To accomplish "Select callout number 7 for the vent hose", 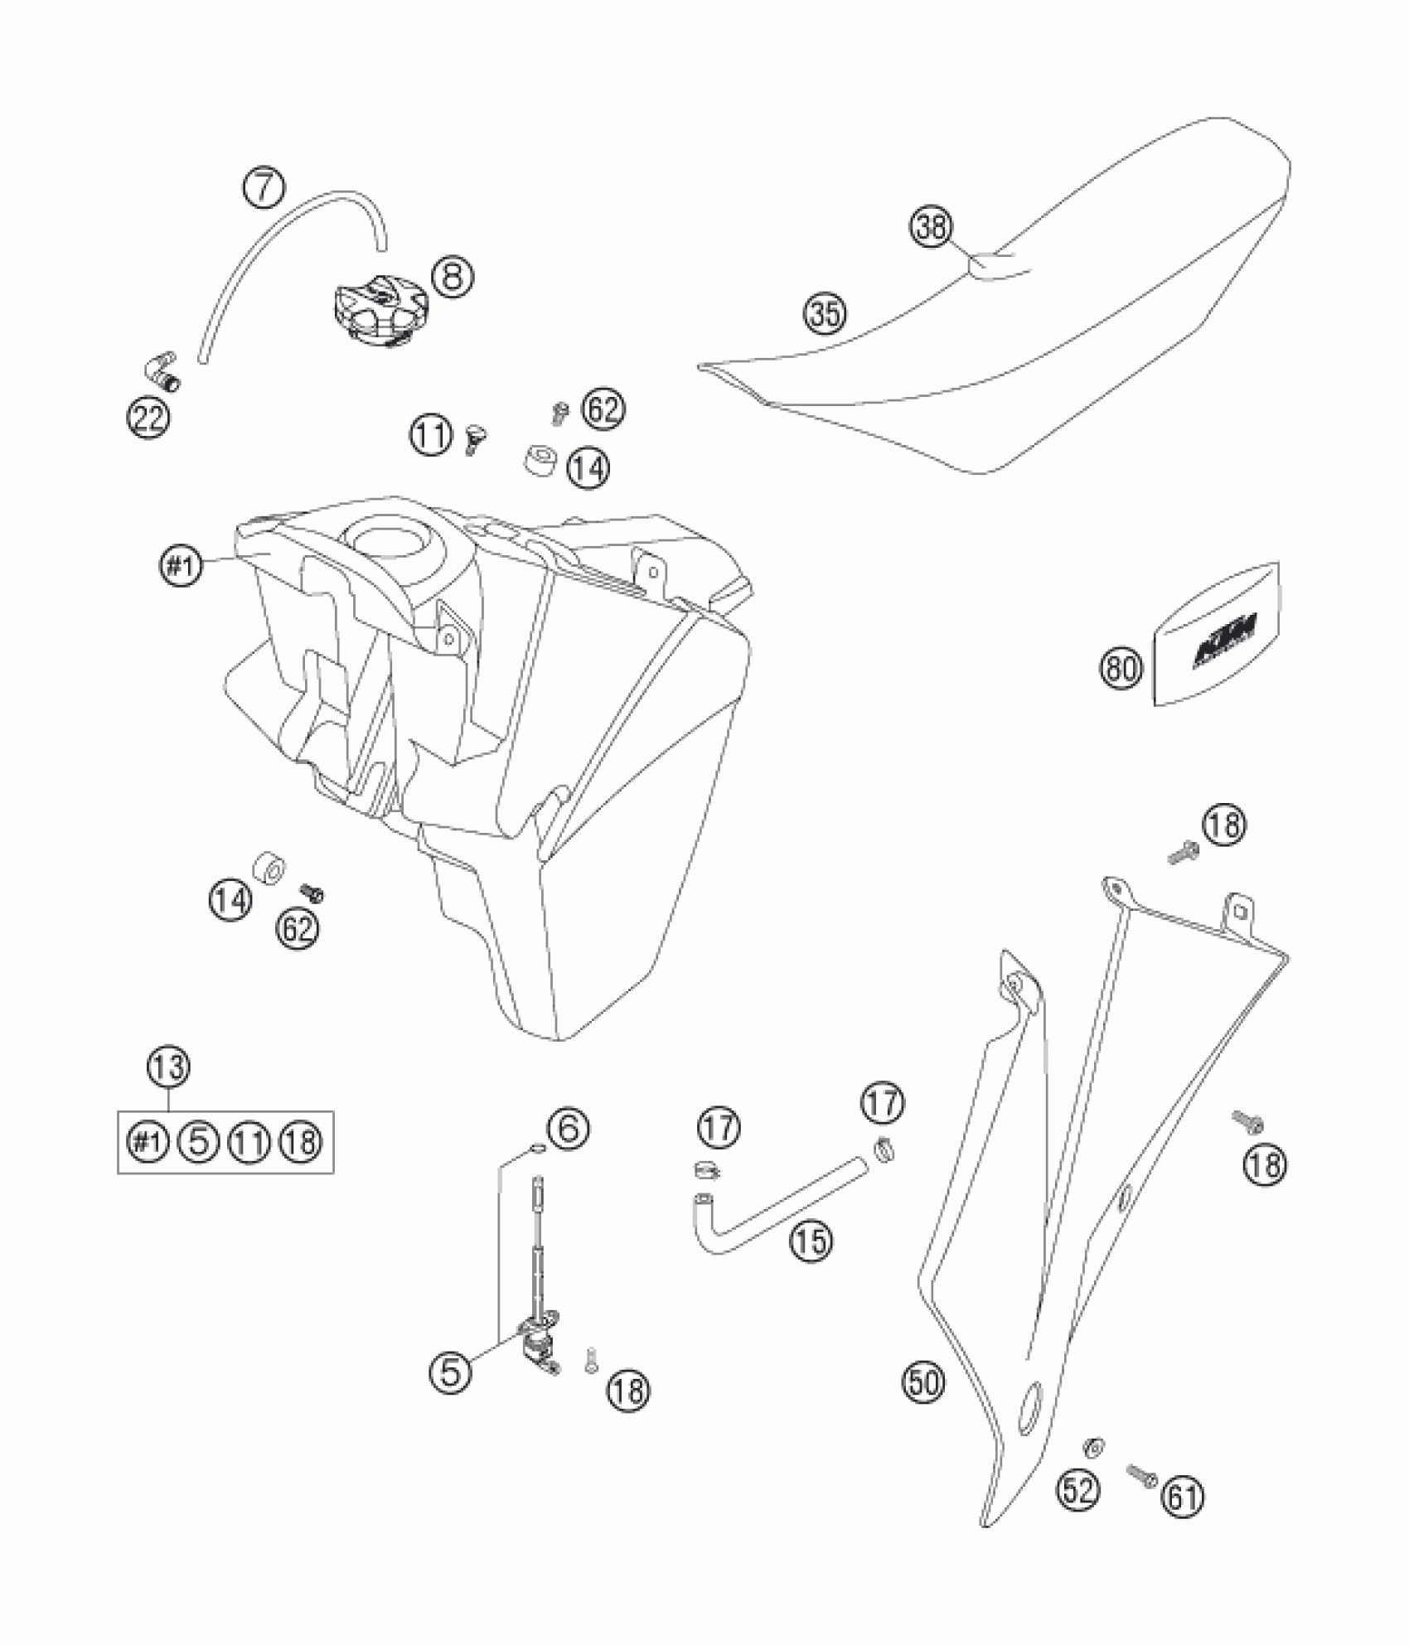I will tap(263, 189).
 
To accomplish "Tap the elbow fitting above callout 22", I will tap(162, 366).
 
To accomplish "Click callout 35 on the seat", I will tap(824, 313).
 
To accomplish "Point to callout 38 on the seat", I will tap(932, 227).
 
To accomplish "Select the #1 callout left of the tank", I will tap(181, 567).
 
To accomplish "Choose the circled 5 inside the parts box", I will tap(199, 1142).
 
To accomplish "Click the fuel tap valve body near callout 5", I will tap(531, 1339).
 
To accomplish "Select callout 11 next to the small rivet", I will tap(431, 437).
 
